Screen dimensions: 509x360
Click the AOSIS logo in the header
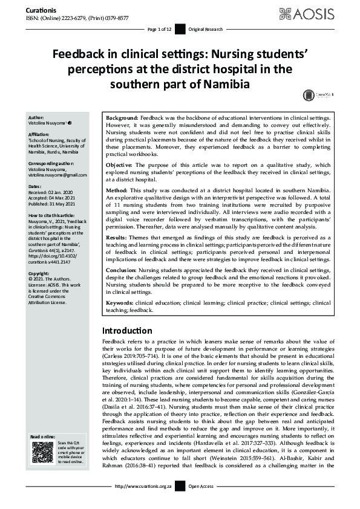click(x=320, y=13)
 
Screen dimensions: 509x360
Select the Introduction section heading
click(x=127, y=331)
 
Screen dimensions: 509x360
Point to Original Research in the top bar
click(x=206, y=29)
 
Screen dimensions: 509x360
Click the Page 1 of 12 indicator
click(x=160, y=29)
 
